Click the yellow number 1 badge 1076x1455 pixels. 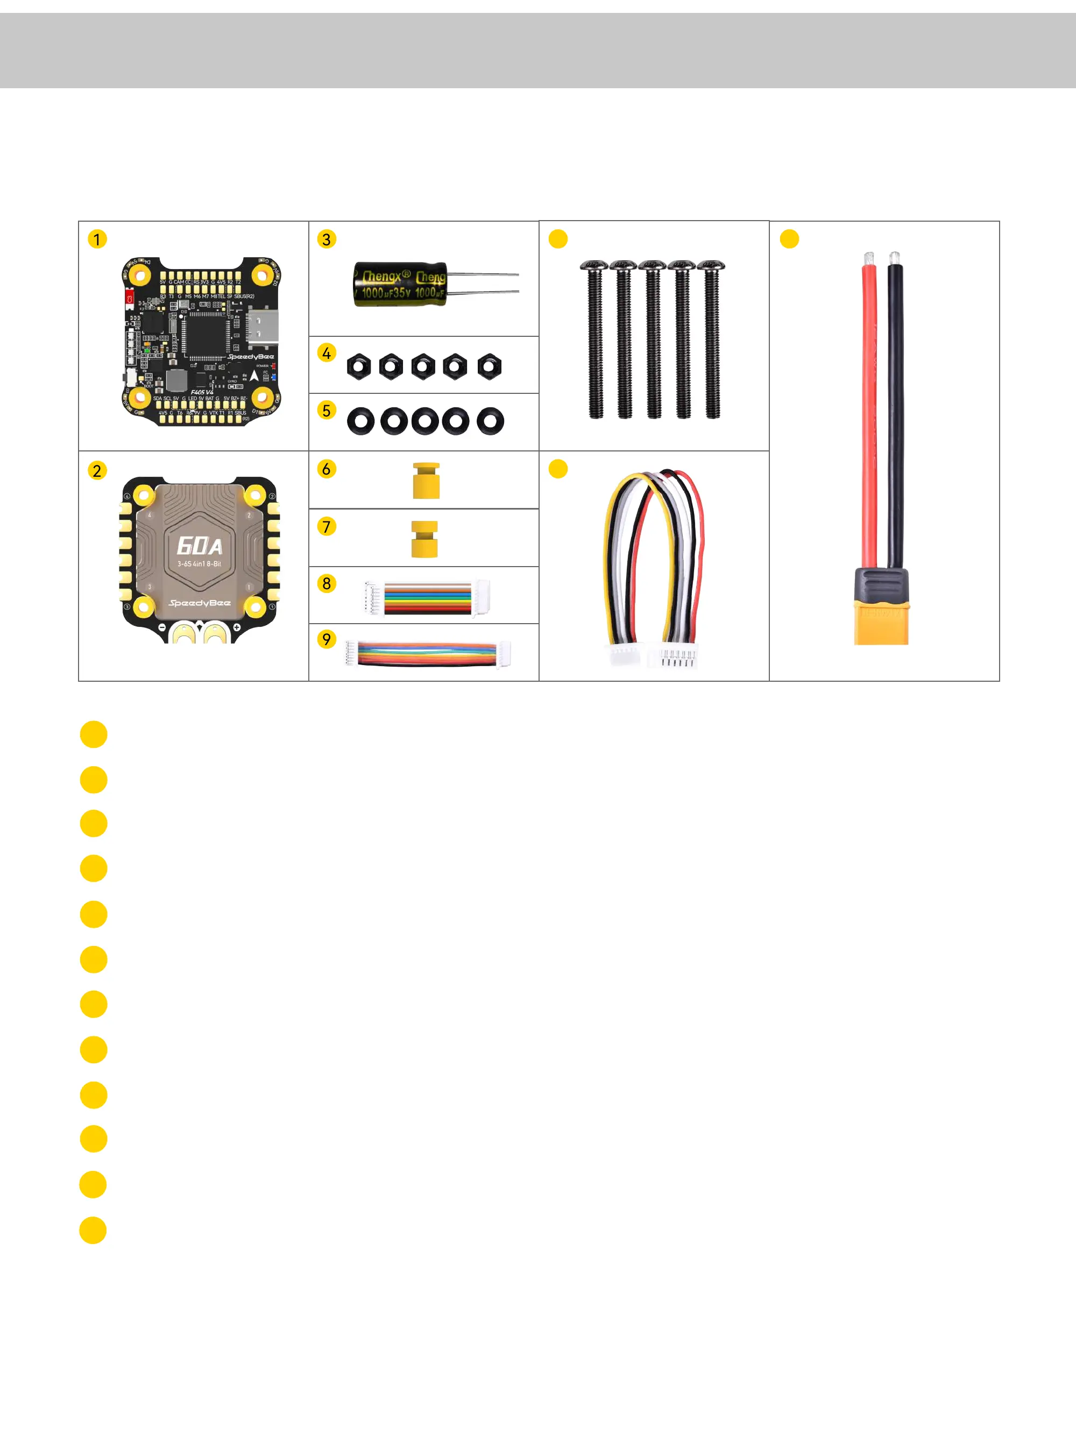tap(97, 239)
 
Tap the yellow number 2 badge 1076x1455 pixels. tap(97, 470)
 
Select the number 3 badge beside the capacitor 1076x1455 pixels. tap(327, 239)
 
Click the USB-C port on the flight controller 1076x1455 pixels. tap(263, 326)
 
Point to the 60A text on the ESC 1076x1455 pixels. tap(199, 546)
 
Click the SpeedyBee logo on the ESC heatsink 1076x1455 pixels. tap(199, 603)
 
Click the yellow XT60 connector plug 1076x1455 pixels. tap(881, 622)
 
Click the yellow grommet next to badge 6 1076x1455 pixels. tap(426, 481)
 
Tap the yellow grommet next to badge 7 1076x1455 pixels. tap(424, 539)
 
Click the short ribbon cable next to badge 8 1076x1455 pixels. tap(427, 598)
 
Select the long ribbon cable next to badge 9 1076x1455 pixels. tap(427, 654)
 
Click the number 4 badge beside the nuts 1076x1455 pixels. tap(327, 353)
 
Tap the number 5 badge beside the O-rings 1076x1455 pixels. tap(327, 411)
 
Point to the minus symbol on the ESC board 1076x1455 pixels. tap(162, 627)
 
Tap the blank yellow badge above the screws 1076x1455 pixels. tap(558, 239)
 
